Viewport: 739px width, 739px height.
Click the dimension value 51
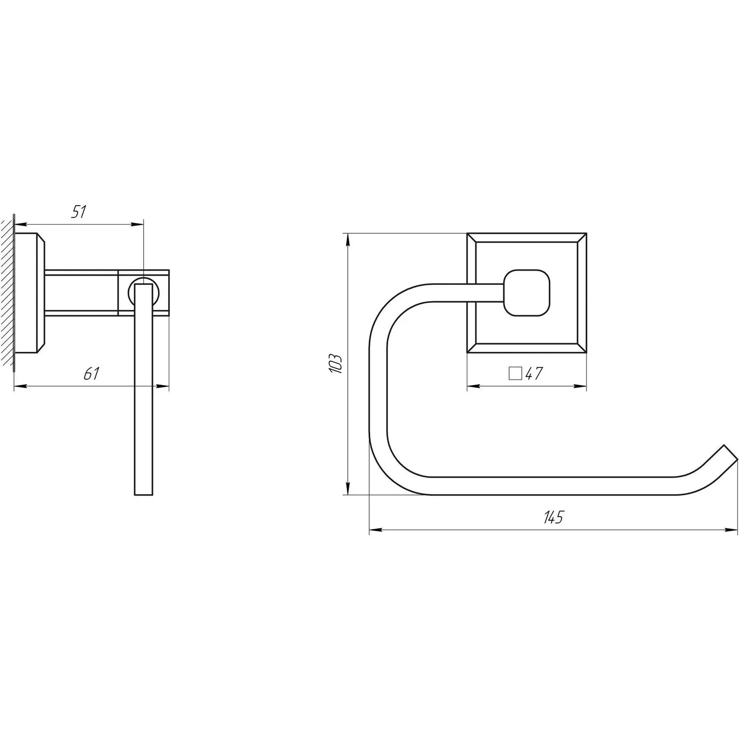78,212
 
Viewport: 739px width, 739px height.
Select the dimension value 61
91,374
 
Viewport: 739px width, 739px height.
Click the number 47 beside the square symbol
533,374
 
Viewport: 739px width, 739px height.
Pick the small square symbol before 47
515,374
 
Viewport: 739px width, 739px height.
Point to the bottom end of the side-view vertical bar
144,494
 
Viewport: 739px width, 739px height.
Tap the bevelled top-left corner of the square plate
472,238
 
